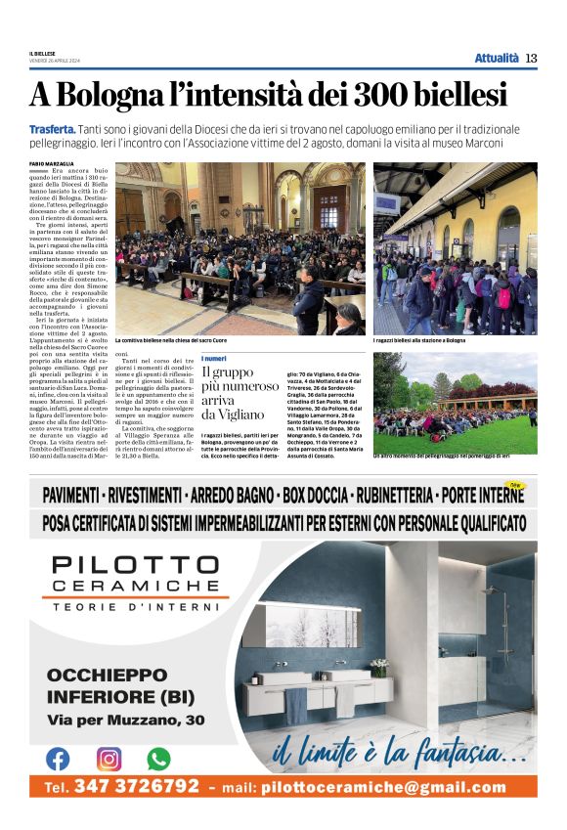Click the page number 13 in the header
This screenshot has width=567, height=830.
point(531,58)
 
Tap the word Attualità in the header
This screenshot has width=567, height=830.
point(497,58)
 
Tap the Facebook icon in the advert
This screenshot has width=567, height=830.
point(58,758)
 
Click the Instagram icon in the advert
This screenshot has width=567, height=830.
point(109,758)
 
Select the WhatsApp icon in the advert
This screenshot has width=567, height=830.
point(158,758)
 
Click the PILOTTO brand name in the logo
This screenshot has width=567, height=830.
point(136,565)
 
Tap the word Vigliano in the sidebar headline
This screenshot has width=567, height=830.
point(235,415)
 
